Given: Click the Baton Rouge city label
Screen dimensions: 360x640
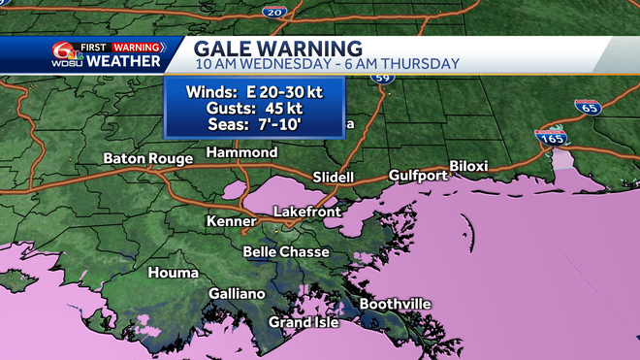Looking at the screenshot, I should (143, 158).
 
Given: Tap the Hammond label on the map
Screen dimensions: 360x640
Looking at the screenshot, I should (242, 152).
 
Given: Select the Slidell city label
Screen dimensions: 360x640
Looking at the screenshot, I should (334, 178).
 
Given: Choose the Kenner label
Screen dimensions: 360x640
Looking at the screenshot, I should (231, 222).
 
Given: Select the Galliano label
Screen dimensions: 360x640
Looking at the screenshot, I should (237, 293).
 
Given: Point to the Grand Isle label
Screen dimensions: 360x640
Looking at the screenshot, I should (304, 322).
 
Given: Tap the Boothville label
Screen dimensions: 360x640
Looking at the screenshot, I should (395, 304).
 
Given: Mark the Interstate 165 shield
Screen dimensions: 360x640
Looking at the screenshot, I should (551, 139).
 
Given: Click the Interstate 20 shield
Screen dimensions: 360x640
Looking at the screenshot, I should (273, 11).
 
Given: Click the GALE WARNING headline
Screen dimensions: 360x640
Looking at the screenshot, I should (278, 47).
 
